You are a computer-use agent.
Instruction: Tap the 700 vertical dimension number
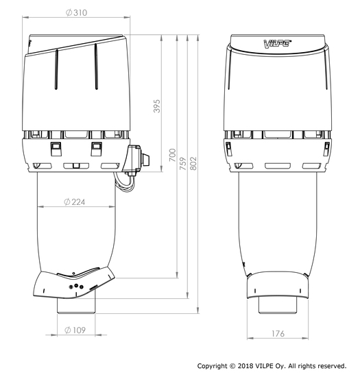pyautogui.click(x=173, y=156)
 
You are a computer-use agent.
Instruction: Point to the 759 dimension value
pyautogui.click(x=183, y=166)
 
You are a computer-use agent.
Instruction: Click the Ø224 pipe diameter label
pyautogui.click(x=75, y=202)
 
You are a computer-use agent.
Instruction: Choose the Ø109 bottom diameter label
pyautogui.click(x=75, y=330)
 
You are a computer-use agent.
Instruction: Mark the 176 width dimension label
pyautogui.click(x=278, y=334)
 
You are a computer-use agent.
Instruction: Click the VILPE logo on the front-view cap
pyautogui.click(x=278, y=44)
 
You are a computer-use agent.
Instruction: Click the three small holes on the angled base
pyautogui.click(x=77, y=287)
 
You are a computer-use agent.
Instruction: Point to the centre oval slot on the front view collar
pyautogui.click(x=278, y=166)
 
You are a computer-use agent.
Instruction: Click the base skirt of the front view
pyautogui.click(x=278, y=282)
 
